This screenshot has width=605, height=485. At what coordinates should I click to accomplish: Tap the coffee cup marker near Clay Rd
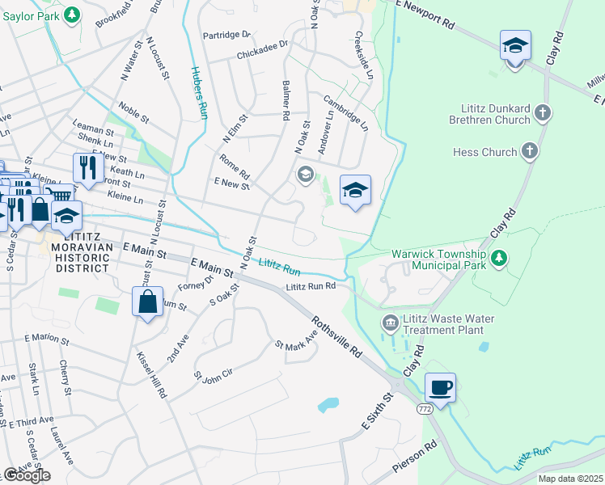[440, 387]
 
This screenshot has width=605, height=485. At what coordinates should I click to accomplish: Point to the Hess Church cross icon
[530, 151]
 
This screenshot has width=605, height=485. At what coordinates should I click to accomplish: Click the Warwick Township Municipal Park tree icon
[501, 258]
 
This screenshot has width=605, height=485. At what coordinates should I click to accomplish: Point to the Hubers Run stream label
[200, 92]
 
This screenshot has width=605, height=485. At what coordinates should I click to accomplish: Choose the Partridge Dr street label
[227, 35]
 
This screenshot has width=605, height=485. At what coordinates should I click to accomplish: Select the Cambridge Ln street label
[346, 114]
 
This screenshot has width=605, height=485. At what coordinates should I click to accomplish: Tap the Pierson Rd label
[414, 458]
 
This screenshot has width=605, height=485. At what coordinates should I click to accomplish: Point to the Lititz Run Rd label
[310, 287]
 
